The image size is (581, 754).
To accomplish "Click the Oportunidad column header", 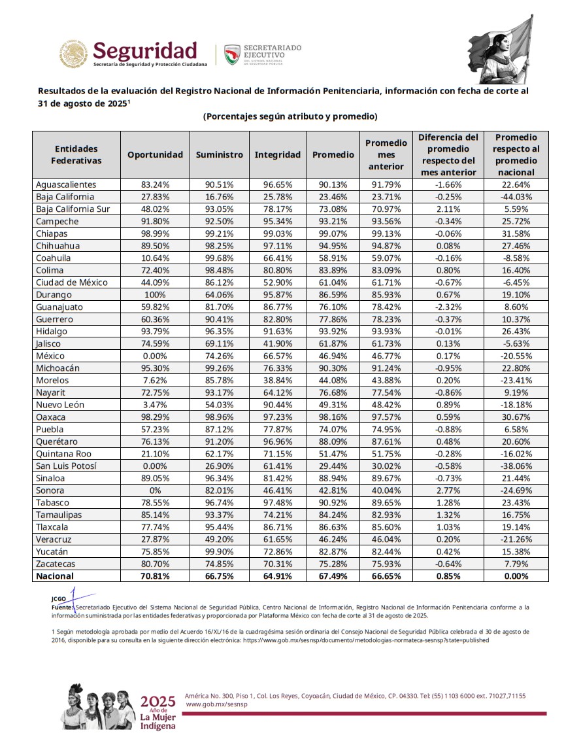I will pos(155,155).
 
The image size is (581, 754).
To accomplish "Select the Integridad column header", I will pos(277,155).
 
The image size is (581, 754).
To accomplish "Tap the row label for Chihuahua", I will pos(58,246).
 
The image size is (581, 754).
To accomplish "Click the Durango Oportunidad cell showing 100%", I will pos(155,295).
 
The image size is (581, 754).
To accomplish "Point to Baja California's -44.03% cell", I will pos(516,197).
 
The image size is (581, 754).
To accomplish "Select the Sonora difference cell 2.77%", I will pos(448,490).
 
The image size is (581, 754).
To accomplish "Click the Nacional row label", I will pos(56,576).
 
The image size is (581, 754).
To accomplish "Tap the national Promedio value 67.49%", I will pos(333,576).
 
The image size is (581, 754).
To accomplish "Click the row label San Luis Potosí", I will pos(66,466).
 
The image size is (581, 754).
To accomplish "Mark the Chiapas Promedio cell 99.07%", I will pos(333,233).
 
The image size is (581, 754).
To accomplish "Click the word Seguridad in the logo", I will pos(144,50).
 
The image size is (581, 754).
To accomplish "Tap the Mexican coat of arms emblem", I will pos(74,54).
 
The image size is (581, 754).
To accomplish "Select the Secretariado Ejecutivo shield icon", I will pos(232,54).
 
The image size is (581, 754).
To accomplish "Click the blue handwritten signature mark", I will pos(73,598).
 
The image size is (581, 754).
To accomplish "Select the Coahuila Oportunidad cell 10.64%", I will pos(155,258).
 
